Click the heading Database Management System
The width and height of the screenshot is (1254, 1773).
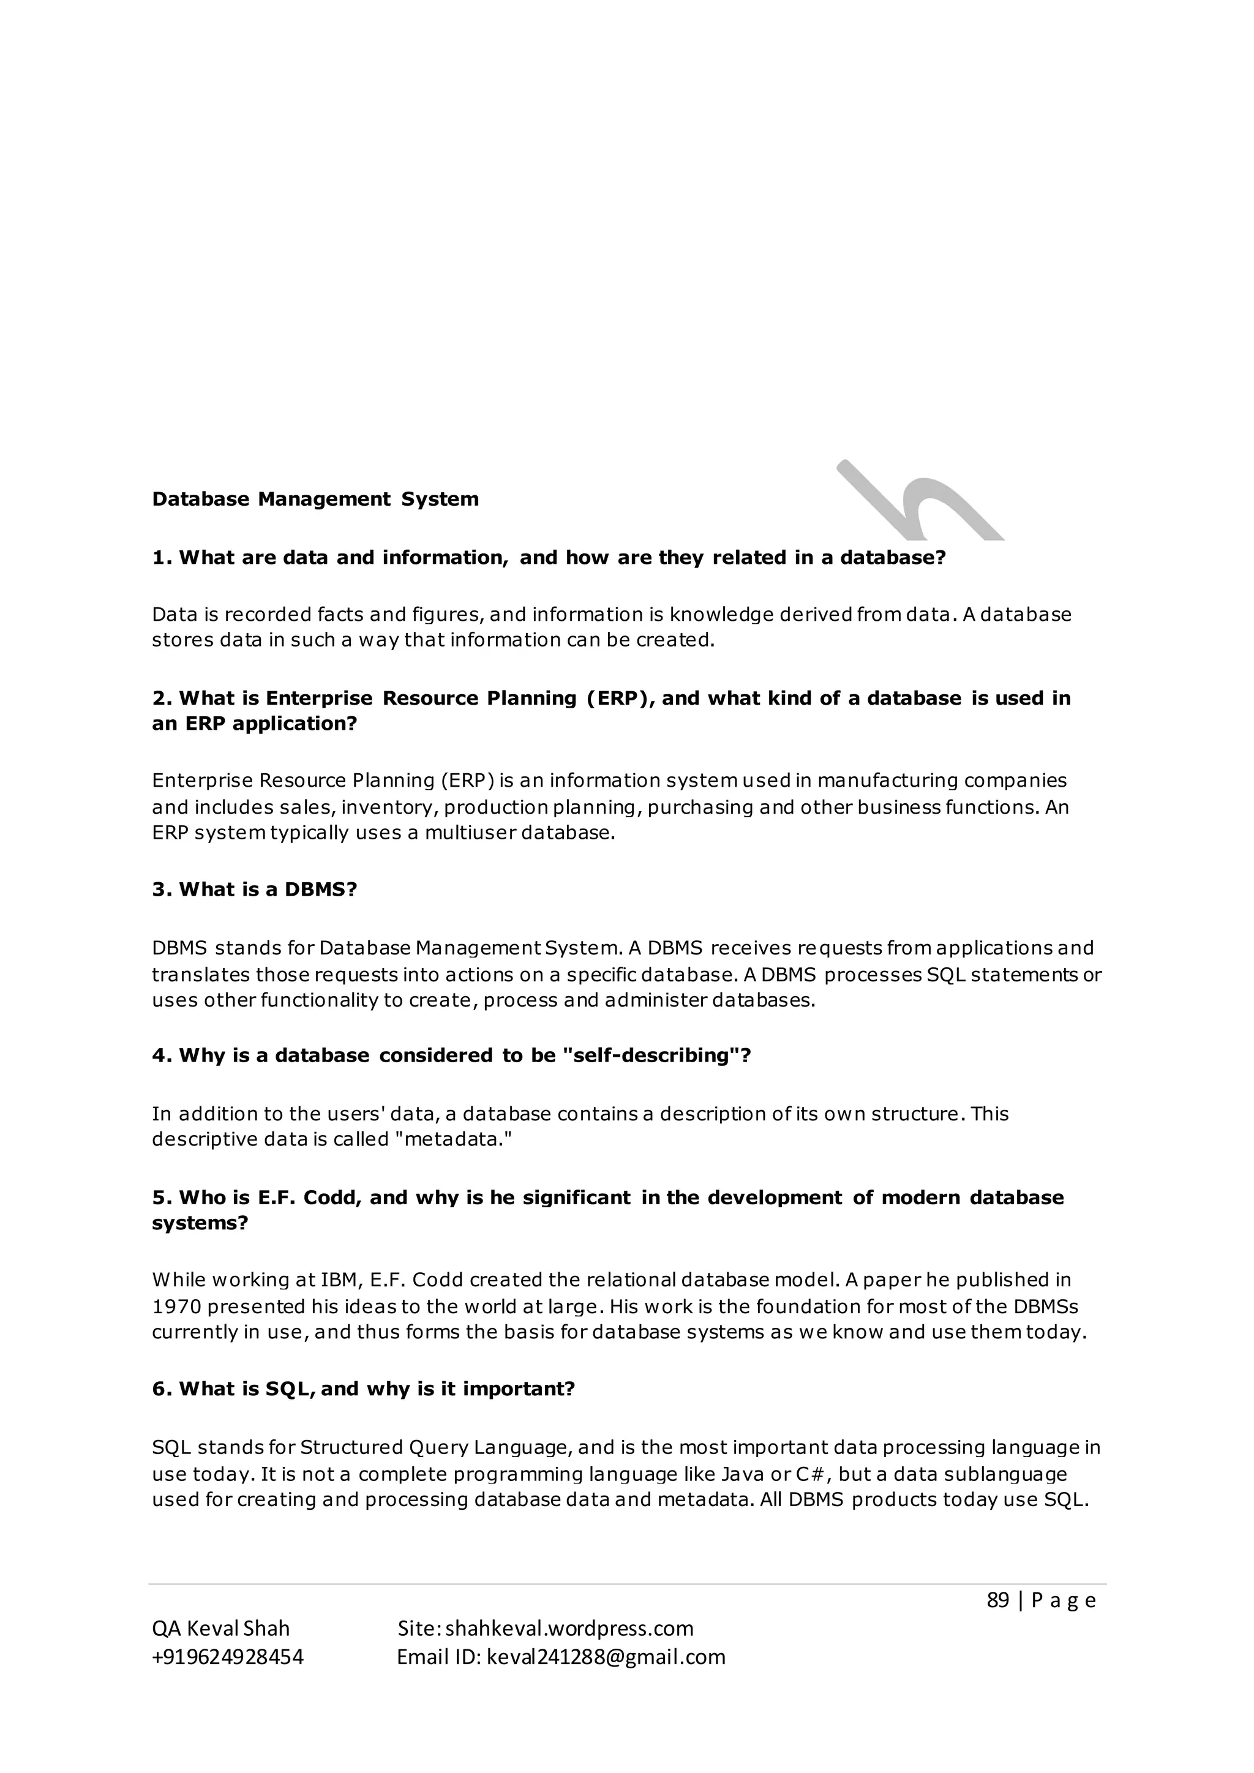315,500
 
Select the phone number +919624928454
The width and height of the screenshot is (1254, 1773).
228,1657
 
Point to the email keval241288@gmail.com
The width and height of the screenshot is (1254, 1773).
606,1657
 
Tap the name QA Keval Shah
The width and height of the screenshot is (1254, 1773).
221,1629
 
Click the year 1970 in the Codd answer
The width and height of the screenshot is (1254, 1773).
175,1306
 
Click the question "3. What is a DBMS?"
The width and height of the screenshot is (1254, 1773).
255,890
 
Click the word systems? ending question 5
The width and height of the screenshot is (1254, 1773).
200,1223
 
